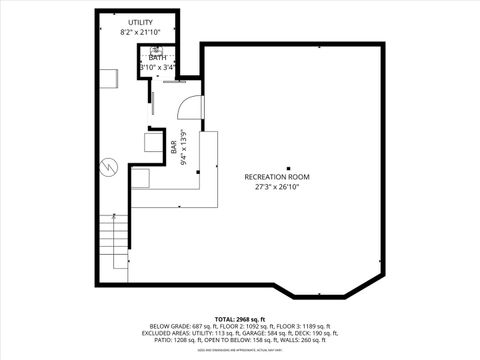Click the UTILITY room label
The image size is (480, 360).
tap(140, 22)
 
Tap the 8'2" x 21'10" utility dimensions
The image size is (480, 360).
tap(140, 32)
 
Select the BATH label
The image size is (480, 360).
tap(158, 58)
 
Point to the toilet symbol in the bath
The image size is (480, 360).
tap(156, 48)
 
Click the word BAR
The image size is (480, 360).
tap(174, 147)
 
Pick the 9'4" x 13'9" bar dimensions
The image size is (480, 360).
tap(183, 147)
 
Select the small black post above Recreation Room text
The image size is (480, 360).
tap(288, 168)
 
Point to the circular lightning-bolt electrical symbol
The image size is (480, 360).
tap(109, 165)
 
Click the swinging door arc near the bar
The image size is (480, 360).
tap(195, 106)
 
